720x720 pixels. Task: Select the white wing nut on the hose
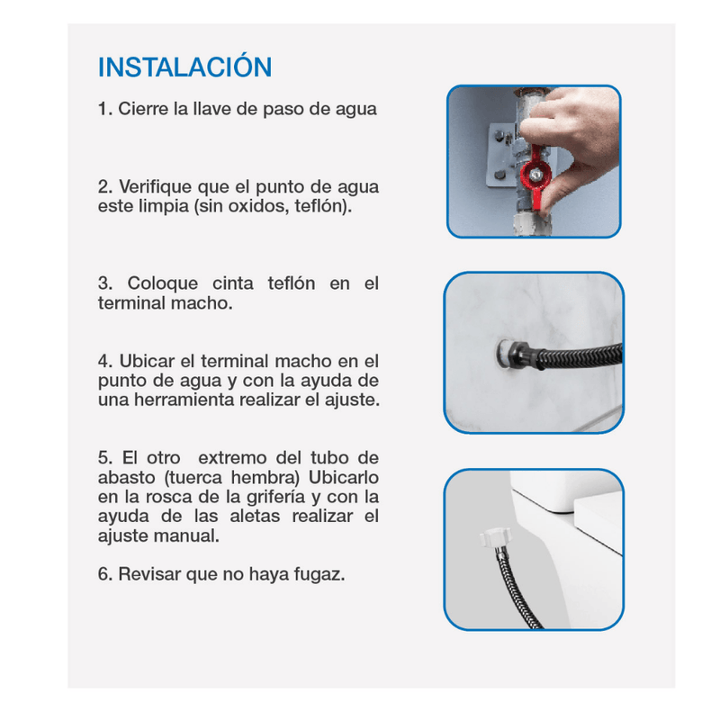494,537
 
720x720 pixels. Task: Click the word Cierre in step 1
143,109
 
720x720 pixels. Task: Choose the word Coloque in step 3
163,284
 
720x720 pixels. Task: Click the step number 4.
105,362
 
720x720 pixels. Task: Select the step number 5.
105,458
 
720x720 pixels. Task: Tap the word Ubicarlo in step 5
344,478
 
